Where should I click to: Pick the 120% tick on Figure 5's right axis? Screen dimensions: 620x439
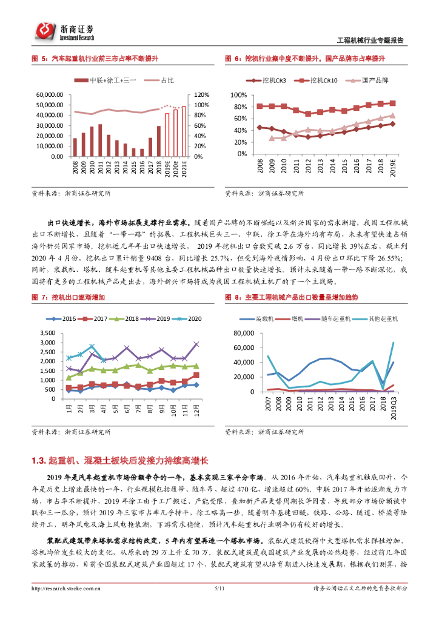[202, 95]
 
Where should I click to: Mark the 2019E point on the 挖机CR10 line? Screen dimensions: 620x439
[392, 104]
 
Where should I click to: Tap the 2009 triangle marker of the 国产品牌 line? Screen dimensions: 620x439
[272, 138]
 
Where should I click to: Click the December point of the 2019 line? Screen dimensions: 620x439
[196, 344]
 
